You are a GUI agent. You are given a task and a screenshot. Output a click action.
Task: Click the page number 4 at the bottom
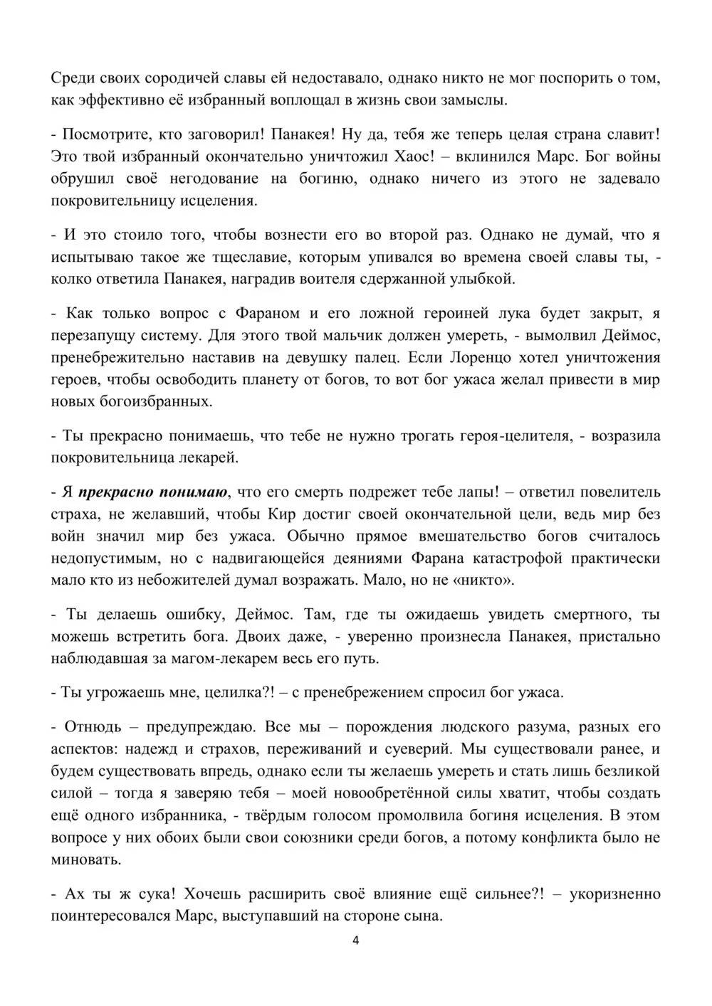(356, 940)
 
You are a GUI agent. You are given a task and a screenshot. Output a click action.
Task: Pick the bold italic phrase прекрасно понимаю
(153, 492)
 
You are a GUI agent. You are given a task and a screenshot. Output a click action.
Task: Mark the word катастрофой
(520, 558)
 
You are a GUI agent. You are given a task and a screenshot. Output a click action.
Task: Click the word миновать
(84, 859)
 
